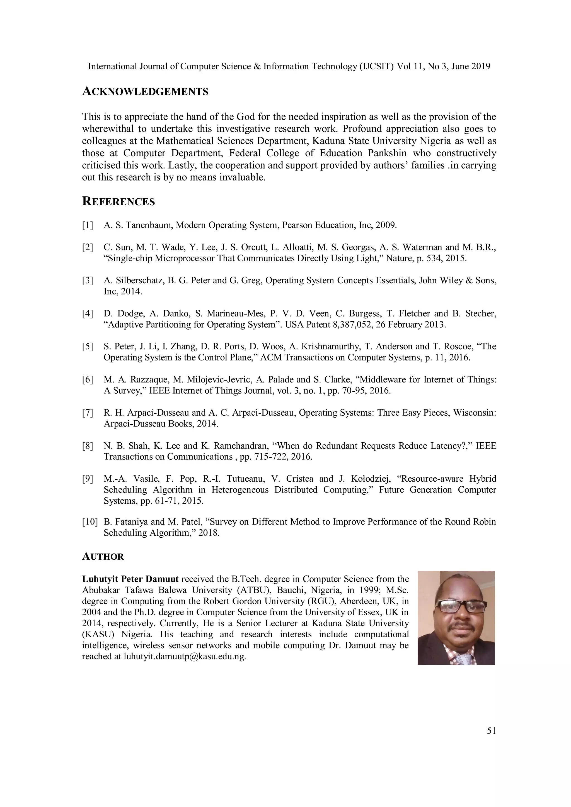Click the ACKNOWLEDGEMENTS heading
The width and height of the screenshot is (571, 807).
click(145, 92)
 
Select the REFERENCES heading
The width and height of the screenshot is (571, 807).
click(118, 202)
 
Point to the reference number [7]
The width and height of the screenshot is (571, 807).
click(88, 413)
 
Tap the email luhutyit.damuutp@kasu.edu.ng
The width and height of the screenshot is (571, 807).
click(184, 657)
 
